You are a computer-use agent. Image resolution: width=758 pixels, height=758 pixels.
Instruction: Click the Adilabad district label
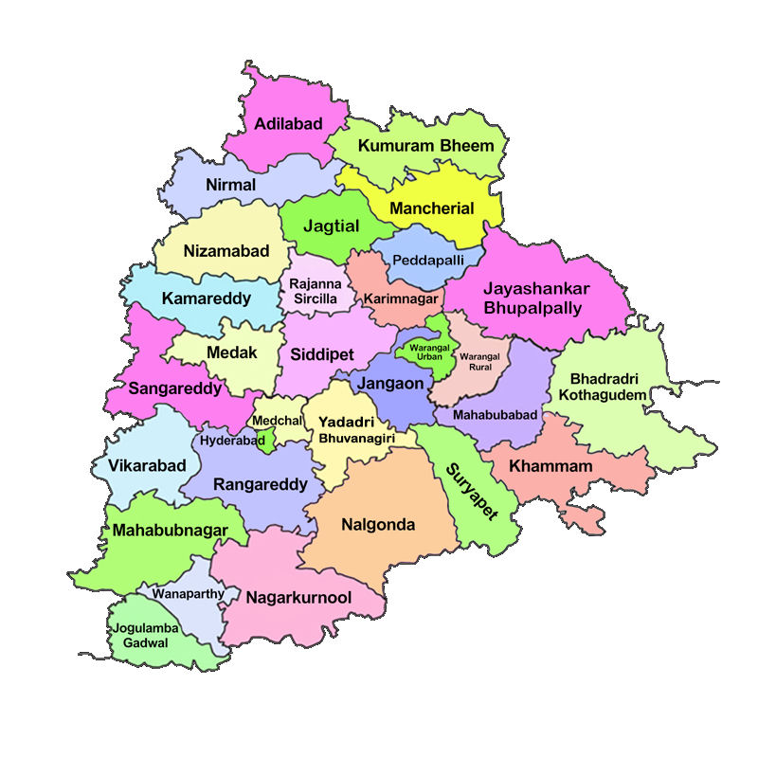[288, 124]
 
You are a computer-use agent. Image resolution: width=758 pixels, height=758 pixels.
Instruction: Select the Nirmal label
[230, 185]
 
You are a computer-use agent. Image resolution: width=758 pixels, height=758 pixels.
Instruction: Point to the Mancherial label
[431, 208]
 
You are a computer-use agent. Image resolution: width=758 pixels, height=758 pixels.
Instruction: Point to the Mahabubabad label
[495, 415]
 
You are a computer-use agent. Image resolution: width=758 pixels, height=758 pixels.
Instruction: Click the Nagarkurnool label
[298, 598]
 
